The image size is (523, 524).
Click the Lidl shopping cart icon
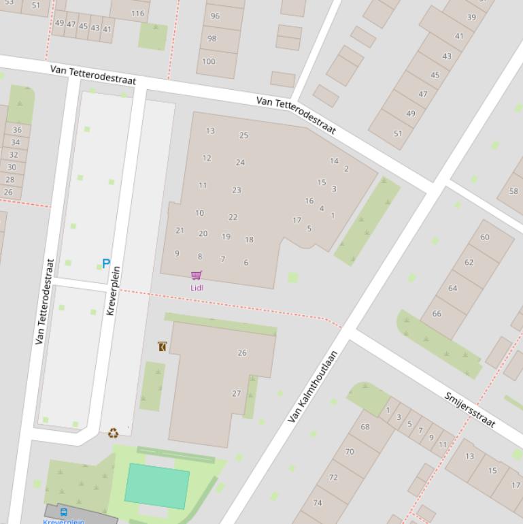pyautogui.click(x=197, y=275)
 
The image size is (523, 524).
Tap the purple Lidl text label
pyautogui.click(x=197, y=288)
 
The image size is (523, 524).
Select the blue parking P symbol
pyautogui.click(x=106, y=263)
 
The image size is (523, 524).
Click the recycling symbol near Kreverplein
pyautogui.click(x=113, y=432)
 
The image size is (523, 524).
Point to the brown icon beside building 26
pyautogui.click(x=162, y=346)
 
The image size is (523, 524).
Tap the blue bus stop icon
pyautogui.click(x=64, y=512)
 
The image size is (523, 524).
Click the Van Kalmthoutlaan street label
pyautogui.click(x=313, y=387)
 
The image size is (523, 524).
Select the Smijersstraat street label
pyautogui.click(x=469, y=410)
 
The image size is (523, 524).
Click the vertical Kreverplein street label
pyautogui.click(x=113, y=291)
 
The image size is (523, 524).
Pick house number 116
pyautogui.click(x=138, y=13)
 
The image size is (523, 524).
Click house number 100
pyautogui.click(x=209, y=61)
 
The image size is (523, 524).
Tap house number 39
pyautogui.click(x=471, y=18)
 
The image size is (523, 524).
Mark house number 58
pyautogui.click(x=513, y=191)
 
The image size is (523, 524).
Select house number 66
pyautogui.click(x=437, y=314)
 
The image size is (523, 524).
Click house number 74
pyautogui.click(x=318, y=502)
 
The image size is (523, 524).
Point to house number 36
pyautogui.click(x=16, y=130)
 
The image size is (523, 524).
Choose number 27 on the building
pyautogui.click(x=237, y=393)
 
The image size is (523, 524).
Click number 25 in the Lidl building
pyautogui.click(x=243, y=135)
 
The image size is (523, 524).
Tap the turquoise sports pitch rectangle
pyautogui.click(x=157, y=486)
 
